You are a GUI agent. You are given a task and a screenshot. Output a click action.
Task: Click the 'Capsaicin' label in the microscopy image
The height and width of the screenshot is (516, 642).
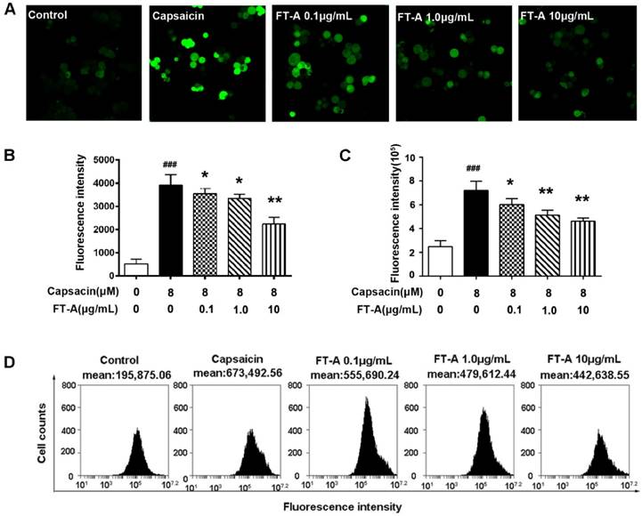pos(181,13)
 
